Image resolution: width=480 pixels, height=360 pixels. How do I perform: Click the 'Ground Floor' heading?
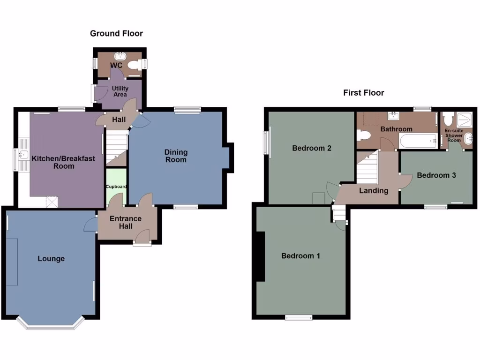click(116, 33)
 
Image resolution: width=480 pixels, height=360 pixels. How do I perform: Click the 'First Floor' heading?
click(363, 93)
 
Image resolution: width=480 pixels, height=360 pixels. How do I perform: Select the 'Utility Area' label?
click(120, 91)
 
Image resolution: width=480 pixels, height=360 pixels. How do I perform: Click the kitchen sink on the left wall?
click(22, 154)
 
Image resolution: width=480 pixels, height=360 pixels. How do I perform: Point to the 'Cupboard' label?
click(116, 187)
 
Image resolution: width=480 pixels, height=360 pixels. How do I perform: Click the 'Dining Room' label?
click(176, 156)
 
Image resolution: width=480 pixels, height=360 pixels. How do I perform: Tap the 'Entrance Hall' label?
click(125, 222)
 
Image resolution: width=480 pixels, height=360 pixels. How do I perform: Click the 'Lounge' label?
click(51, 259)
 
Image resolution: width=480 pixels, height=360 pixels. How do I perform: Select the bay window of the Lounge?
click(51, 324)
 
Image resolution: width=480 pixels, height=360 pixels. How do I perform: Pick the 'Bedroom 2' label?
click(312, 148)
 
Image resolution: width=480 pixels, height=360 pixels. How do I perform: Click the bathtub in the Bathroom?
click(418, 140)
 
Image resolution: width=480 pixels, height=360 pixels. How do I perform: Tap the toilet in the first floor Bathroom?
click(363, 136)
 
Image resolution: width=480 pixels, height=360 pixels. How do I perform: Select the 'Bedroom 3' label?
click(436, 175)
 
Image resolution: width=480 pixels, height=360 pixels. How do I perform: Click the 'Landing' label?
click(374, 190)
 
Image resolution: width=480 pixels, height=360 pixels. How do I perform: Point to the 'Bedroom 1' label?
click(300, 256)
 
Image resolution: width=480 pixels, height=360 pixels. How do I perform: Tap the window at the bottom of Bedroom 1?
click(299, 318)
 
